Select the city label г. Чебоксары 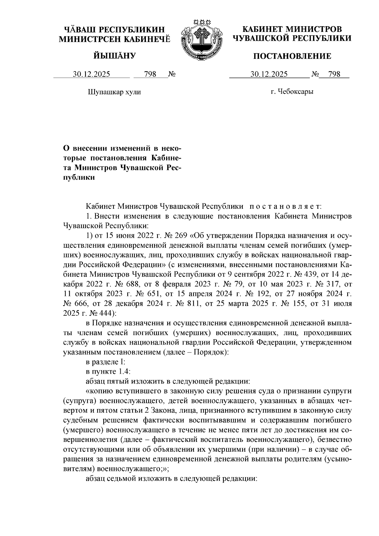pyautogui.click(x=292, y=92)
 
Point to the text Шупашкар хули pyautogui.click(x=114, y=92)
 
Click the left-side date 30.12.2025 pyautogui.click(x=92, y=75)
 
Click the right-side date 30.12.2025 pyautogui.click(x=269, y=75)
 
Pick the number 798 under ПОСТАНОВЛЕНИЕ pyautogui.click(x=334, y=75)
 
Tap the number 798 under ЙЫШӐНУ pyautogui.click(x=150, y=75)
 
